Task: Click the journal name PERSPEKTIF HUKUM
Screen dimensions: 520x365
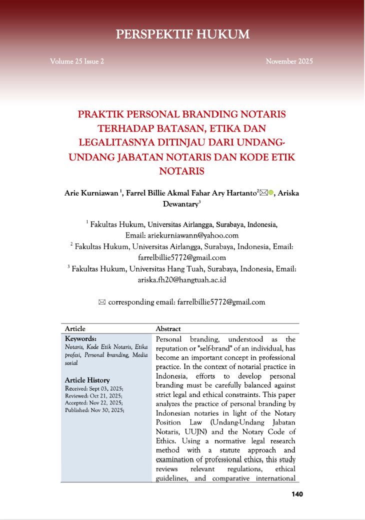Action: [182, 34]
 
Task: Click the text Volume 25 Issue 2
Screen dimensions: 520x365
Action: [77, 61]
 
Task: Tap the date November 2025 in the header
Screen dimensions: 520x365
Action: [289, 61]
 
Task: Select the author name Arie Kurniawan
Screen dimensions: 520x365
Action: [91, 193]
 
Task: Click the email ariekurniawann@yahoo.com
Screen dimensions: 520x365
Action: [192, 235]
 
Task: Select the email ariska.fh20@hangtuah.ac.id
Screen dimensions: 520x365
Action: [182, 280]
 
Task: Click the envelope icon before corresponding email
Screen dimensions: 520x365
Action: [102, 302]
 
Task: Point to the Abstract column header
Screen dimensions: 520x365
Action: [168, 328]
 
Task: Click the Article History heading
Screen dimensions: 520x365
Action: [87, 380]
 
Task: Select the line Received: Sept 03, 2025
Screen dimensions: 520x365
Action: [94, 388]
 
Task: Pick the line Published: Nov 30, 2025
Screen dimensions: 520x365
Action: [94, 409]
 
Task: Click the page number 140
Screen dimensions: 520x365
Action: [297, 494]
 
